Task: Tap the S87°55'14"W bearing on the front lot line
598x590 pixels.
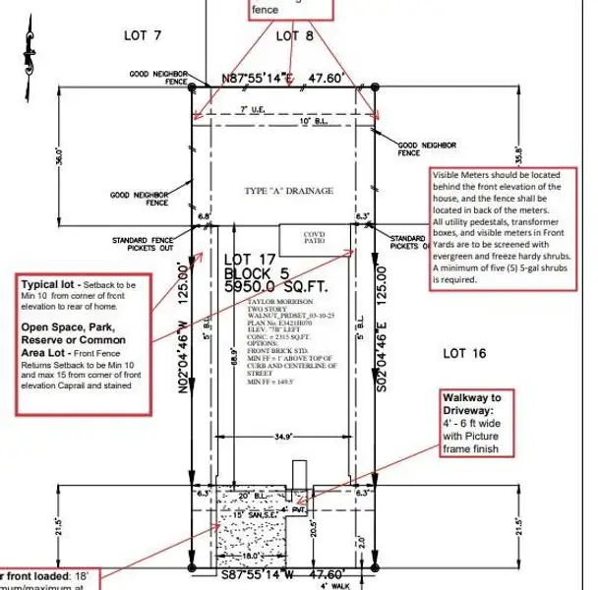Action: coord(252,573)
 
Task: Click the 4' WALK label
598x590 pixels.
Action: coord(334,586)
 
